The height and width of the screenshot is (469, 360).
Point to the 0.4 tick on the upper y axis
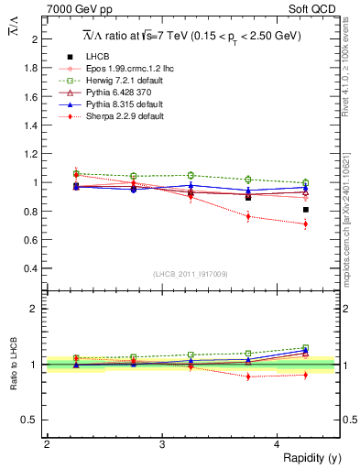[32, 268]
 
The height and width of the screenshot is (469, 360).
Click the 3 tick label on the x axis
[162, 444]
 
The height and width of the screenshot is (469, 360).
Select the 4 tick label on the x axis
[278, 444]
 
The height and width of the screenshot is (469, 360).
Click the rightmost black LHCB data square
[306, 210]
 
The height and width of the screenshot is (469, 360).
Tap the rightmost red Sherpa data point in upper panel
[306, 224]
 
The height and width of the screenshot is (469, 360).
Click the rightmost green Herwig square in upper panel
[306, 182]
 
